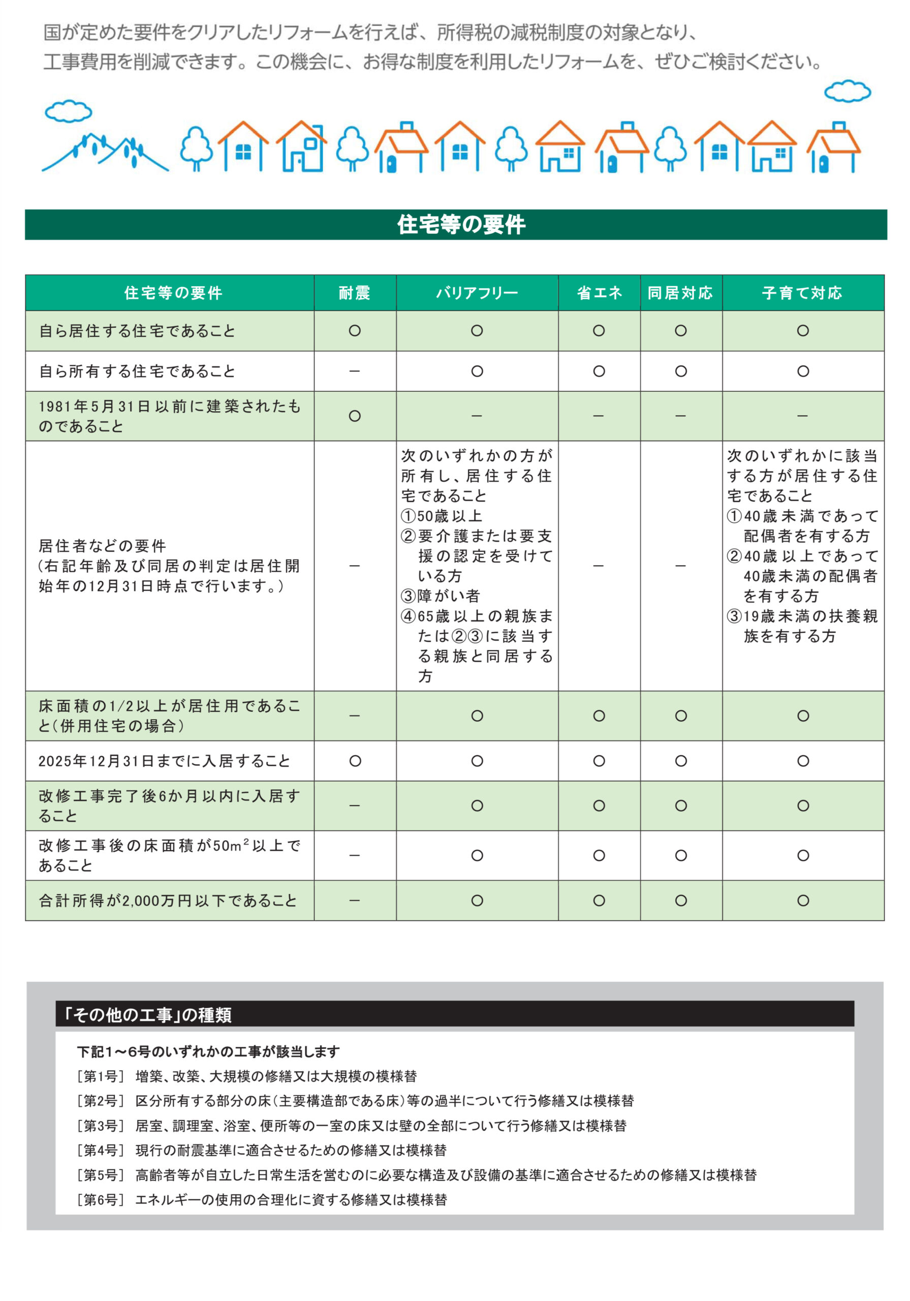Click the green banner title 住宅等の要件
(x=461, y=225)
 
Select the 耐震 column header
(x=354, y=293)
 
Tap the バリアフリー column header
(x=477, y=293)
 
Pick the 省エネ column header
(x=599, y=293)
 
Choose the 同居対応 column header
(x=680, y=293)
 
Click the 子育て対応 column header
(x=802, y=293)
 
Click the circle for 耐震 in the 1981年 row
(x=355, y=416)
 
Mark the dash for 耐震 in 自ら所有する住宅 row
(x=355, y=371)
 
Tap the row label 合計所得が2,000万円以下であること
(x=168, y=901)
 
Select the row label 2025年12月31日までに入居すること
(x=164, y=760)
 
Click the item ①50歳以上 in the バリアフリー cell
(x=442, y=516)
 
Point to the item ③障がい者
(x=441, y=596)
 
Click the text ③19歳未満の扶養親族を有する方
(x=802, y=626)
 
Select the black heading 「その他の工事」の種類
(x=148, y=1014)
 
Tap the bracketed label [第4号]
(x=100, y=1150)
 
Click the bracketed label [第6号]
(x=100, y=1199)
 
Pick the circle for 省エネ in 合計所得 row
(x=599, y=901)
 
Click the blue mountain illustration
(x=105, y=152)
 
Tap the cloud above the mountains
(x=68, y=111)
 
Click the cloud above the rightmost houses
(x=847, y=91)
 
